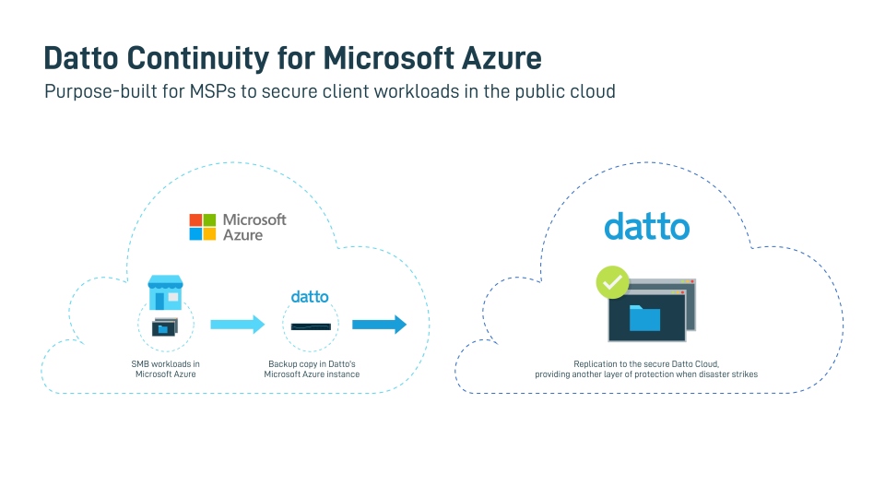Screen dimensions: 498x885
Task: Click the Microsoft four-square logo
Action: (202, 227)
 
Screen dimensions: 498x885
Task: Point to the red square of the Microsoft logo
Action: (195, 220)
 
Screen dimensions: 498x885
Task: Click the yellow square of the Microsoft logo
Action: (209, 234)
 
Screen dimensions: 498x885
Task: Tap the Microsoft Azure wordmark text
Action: (254, 227)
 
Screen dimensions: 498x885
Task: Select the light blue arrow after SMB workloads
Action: (237, 325)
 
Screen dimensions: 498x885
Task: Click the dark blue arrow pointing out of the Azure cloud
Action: (379, 325)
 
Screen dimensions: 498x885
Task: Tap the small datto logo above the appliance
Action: (310, 297)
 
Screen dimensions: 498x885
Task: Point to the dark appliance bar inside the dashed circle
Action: (311, 326)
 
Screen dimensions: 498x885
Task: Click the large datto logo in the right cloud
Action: (646, 226)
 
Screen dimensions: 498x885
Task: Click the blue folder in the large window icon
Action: (644, 319)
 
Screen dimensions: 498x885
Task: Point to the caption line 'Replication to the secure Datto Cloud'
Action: (645, 364)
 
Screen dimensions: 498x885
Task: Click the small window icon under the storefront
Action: (164, 326)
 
